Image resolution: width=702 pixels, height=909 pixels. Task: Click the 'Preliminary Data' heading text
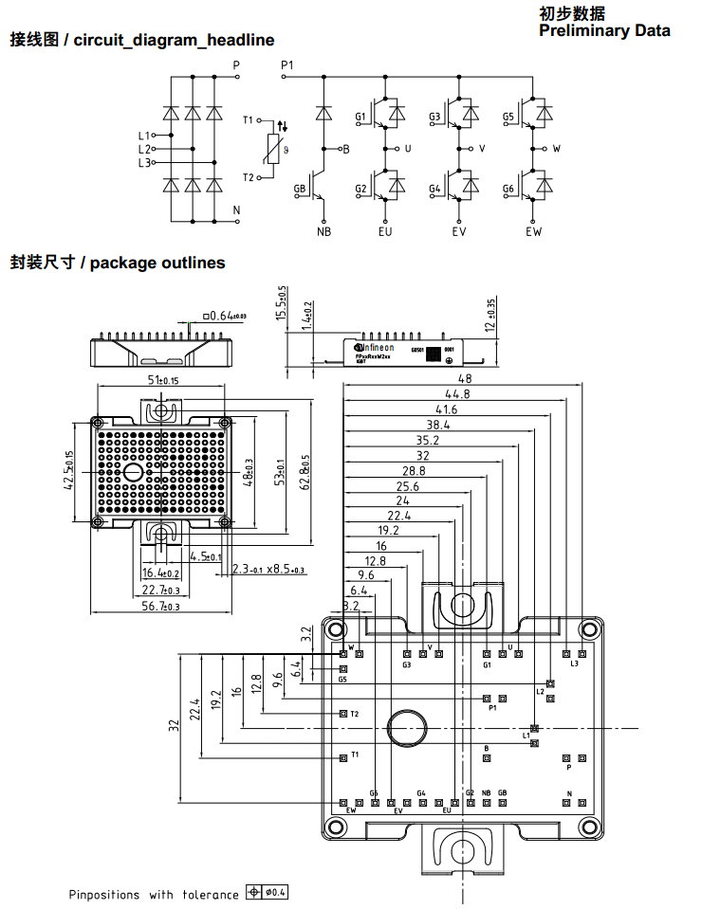coord(604,30)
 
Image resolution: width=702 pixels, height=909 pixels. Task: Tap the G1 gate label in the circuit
coord(360,118)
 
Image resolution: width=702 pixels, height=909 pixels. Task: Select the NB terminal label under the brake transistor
coord(323,231)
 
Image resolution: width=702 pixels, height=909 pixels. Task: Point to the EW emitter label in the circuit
coord(534,231)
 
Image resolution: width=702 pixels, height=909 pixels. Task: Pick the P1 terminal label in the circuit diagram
coord(288,64)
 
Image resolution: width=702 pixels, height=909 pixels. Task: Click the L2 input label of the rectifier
coord(144,149)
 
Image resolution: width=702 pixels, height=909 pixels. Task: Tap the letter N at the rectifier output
coord(236,209)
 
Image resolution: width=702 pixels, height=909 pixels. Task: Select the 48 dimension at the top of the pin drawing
coord(464,378)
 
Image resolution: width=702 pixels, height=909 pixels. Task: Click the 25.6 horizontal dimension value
coord(407,486)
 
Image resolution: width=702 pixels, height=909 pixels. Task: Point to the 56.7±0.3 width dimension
coord(160,607)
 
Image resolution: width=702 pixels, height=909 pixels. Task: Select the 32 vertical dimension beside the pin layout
coord(174,725)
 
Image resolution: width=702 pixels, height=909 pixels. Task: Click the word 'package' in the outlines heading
coord(123,263)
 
